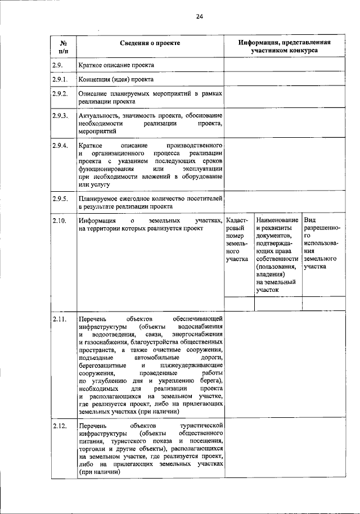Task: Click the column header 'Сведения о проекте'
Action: click(x=150, y=43)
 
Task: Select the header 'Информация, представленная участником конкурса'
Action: click(x=284, y=46)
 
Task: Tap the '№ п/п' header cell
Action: click(x=63, y=46)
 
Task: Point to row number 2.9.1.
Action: click(x=60, y=79)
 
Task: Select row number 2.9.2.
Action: click(x=60, y=93)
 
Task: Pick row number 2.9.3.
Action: click(x=60, y=116)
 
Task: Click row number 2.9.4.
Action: click(x=60, y=146)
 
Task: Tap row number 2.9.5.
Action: click(x=60, y=199)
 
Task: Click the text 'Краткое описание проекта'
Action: click(x=116, y=65)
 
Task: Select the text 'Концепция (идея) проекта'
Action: click(x=116, y=79)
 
